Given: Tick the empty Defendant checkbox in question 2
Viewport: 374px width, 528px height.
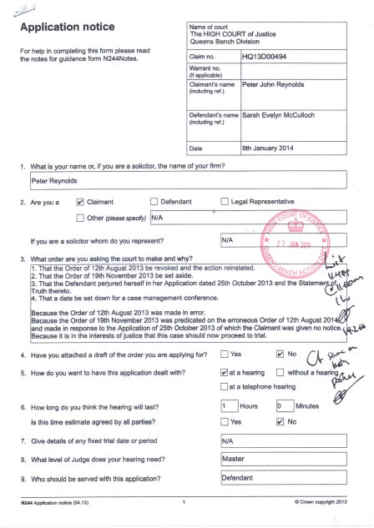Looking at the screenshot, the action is [153, 202].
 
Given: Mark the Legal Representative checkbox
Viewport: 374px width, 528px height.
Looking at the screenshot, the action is [225, 202].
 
